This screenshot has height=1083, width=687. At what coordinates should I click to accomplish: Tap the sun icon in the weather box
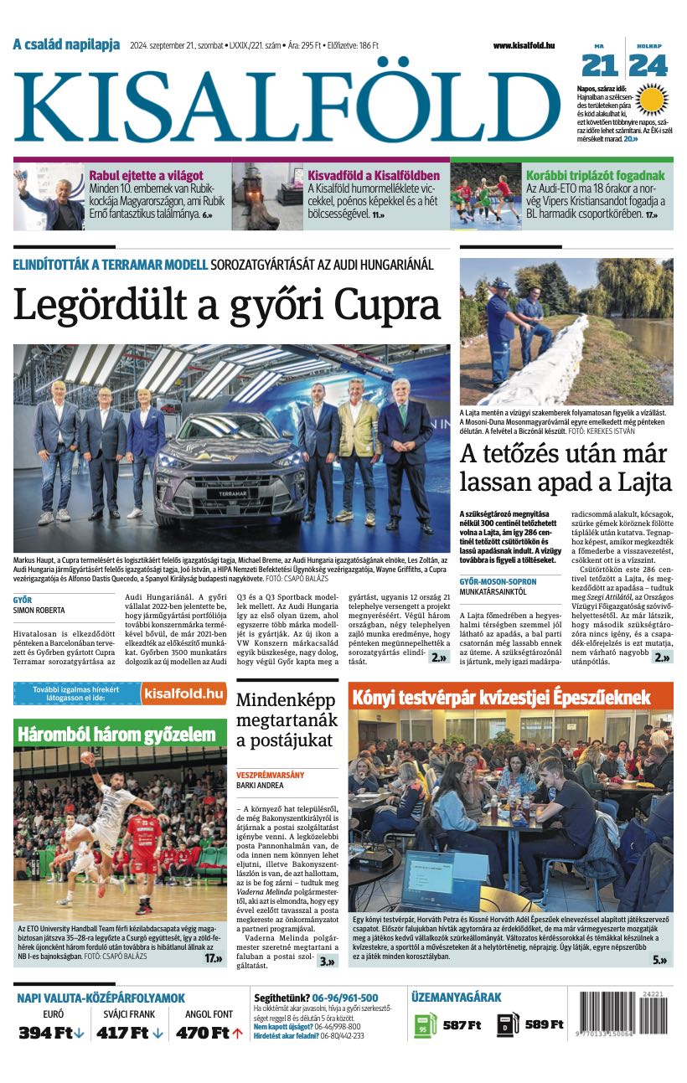pos(650,99)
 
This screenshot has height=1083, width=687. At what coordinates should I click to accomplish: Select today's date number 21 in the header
pos(599,65)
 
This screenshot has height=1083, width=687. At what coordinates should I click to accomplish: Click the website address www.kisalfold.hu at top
pos(524,45)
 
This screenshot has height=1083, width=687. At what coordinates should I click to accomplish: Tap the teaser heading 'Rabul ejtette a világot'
pos(147,176)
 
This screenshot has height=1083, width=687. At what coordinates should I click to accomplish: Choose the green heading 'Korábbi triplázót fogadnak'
pos(595,176)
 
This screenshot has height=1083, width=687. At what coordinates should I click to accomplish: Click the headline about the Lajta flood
pos(566,468)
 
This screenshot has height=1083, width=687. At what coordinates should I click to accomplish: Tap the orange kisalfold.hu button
pos(183,694)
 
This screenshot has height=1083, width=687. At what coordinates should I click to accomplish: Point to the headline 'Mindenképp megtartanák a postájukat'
pos(287,719)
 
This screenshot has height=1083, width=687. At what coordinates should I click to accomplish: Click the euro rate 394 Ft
pos(45,1033)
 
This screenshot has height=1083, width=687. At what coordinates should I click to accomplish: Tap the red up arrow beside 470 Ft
pos(238,1033)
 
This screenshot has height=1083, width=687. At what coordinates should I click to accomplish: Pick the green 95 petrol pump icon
pos(425,1025)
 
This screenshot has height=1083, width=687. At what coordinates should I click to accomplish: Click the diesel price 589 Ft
pos(545,1024)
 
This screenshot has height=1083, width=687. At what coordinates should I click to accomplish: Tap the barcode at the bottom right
pos(622,1015)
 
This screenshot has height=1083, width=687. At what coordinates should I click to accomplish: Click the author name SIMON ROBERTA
pos(39,611)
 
